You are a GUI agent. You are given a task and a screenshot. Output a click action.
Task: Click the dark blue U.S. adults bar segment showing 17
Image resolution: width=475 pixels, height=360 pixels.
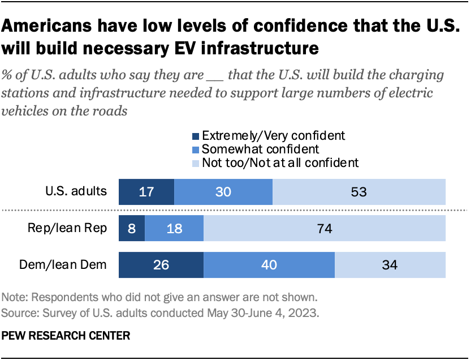(146, 191)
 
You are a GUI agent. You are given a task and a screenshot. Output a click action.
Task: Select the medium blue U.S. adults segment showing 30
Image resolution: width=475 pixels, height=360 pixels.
(223, 191)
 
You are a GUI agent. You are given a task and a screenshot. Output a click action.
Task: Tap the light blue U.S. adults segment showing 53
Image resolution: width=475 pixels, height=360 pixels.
(359, 191)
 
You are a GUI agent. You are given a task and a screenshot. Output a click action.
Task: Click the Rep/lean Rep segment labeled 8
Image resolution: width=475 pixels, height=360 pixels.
(132, 229)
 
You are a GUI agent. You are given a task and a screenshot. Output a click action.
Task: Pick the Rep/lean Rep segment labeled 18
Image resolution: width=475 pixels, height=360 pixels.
(174, 229)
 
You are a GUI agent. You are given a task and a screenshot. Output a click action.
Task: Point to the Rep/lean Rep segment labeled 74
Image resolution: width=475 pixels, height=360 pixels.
(325, 229)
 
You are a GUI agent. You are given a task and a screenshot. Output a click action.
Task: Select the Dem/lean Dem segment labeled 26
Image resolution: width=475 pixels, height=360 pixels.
(161, 265)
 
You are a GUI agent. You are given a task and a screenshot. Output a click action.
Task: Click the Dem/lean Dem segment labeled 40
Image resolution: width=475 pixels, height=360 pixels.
(269, 265)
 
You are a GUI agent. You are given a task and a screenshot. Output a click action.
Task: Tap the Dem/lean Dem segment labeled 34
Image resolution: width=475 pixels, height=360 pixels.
(390, 265)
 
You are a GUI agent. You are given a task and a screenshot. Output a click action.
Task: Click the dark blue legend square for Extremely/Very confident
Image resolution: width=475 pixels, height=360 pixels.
(196, 136)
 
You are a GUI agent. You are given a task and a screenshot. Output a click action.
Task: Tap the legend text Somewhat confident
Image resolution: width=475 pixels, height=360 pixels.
(261, 149)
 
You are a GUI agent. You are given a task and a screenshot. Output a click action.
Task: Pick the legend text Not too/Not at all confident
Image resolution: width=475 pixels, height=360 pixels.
(280, 163)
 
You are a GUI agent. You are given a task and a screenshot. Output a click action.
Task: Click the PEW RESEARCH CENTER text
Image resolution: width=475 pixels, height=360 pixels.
(66, 336)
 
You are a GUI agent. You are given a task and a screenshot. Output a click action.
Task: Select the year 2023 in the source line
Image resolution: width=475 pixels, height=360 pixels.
(308, 312)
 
